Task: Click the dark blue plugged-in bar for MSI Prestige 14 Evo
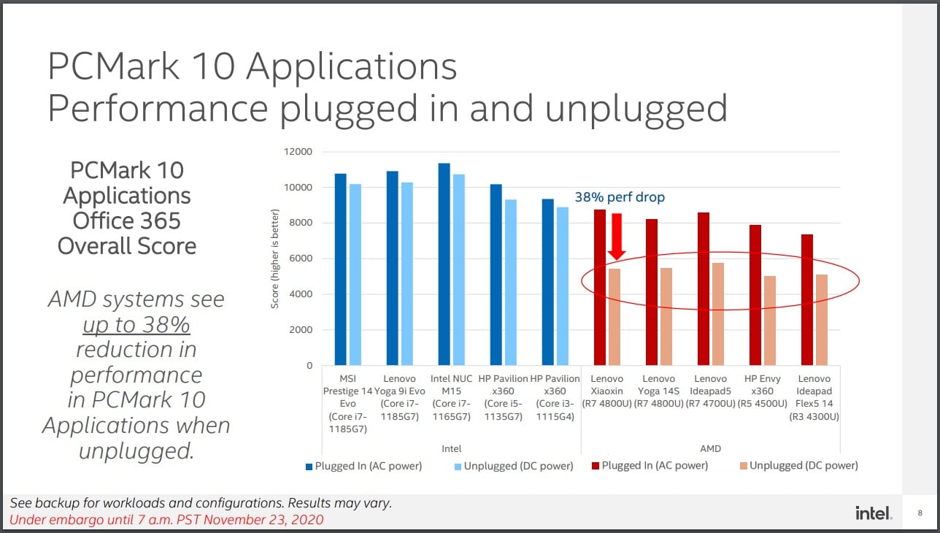tap(340, 269)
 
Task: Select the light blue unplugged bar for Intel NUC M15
tap(458, 270)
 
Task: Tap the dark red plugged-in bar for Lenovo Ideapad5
tap(704, 288)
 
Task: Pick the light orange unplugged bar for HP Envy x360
tap(770, 321)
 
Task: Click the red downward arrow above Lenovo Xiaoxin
tap(617, 237)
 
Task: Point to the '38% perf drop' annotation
tap(620, 197)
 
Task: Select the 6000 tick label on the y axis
tap(300, 258)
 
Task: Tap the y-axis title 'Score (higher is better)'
tap(275, 258)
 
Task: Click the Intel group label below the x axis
tap(452, 448)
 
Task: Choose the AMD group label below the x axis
tap(710, 448)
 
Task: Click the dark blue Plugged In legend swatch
tap(309, 466)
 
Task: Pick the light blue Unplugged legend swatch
tap(458, 466)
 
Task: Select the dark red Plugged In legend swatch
tap(596, 466)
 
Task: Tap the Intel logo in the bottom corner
tap(873, 513)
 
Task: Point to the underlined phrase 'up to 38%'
tap(136, 324)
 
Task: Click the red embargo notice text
tap(166, 520)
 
